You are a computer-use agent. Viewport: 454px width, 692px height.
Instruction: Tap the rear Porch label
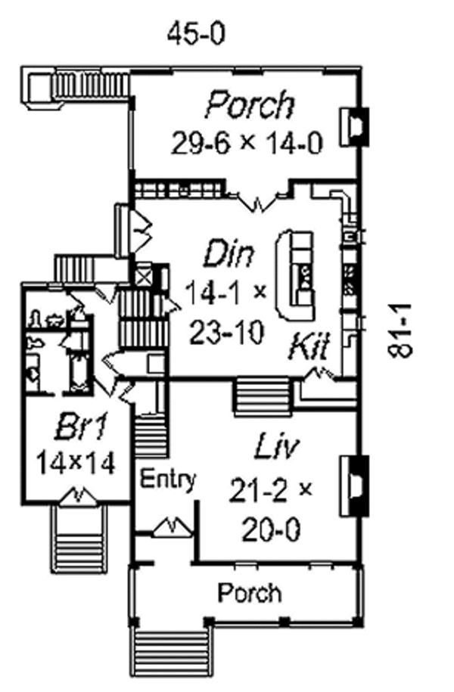(x=250, y=104)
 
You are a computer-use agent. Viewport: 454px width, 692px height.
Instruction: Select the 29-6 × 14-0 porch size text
(x=247, y=142)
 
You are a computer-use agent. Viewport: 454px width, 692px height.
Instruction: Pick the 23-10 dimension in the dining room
(x=227, y=330)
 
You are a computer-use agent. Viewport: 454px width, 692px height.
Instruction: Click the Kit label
(x=309, y=348)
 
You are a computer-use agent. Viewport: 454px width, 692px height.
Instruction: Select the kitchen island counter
(x=297, y=276)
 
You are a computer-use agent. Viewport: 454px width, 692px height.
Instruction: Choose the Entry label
(x=168, y=479)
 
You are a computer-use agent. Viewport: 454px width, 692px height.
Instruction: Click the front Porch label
(x=250, y=592)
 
